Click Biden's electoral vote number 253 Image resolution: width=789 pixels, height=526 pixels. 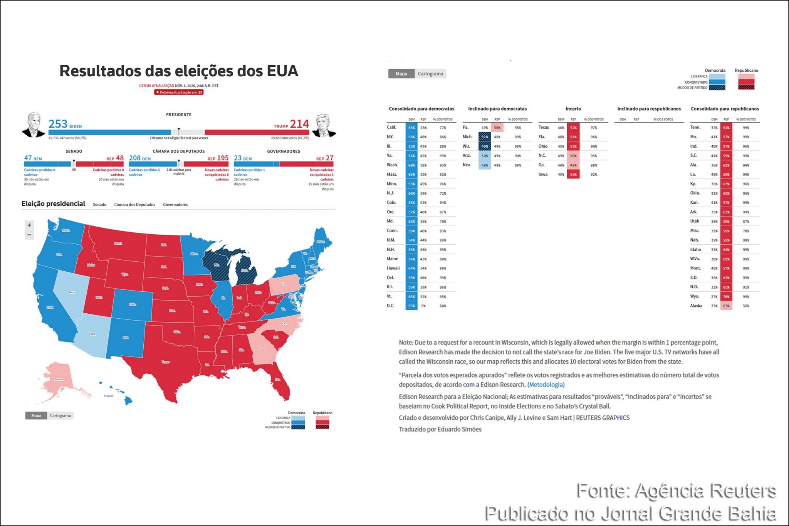58,124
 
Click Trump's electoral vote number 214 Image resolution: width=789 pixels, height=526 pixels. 299,124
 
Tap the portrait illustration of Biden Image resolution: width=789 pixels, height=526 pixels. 34,125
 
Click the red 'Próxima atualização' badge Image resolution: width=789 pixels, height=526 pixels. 179,92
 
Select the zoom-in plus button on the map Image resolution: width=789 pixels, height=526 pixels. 29,225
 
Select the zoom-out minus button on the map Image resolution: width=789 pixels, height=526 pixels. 29,235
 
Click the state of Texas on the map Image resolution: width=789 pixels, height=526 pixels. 166,362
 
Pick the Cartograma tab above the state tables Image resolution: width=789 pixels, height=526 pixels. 430,74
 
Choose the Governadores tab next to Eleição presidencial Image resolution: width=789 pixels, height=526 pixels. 175,205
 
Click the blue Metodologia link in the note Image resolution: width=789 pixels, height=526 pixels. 546,385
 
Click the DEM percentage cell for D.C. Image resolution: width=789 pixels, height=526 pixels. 411,306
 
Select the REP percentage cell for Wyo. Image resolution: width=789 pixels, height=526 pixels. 726,297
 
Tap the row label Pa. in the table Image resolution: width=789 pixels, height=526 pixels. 466,128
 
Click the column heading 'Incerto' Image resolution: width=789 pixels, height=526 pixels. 573,109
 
